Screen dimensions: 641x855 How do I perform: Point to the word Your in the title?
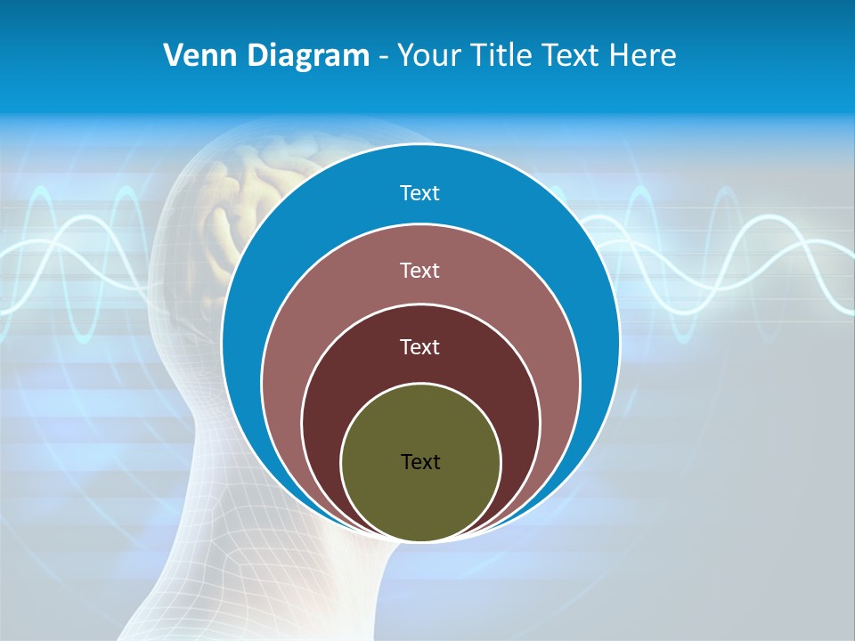pos(427,56)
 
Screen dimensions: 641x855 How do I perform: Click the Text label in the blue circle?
pos(420,193)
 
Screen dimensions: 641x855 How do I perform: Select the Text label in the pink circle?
pos(420,270)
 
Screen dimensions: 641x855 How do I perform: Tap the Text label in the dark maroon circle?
pos(420,346)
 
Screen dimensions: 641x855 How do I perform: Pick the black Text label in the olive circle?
pos(420,461)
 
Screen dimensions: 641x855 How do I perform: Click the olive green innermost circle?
pos(420,499)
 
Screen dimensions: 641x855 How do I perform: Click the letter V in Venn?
pos(173,56)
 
